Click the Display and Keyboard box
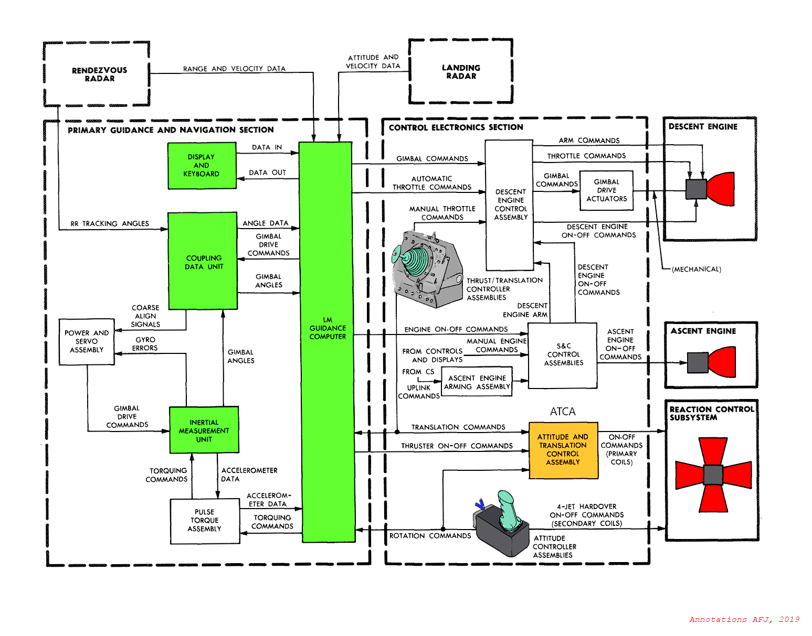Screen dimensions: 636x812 click(202, 166)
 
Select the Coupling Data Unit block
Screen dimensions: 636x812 click(203, 261)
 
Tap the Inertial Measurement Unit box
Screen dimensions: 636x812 click(204, 430)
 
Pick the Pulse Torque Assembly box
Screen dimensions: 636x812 click(205, 521)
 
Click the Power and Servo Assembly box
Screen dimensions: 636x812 click(87, 341)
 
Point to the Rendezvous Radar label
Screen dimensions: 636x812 click(100, 74)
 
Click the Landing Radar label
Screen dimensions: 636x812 click(461, 72)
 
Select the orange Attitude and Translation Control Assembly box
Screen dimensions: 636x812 click(563, 450)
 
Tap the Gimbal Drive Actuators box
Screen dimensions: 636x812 click(606, 190)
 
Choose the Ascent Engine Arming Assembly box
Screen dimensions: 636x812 click(477, 382)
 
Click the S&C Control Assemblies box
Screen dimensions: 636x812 click(563, 355)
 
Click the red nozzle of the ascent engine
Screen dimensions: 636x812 click(723, 362)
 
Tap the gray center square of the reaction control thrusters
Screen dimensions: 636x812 click(713, 475)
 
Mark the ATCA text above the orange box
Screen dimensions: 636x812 click(563, 412)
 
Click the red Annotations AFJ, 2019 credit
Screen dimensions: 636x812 click(744, 619)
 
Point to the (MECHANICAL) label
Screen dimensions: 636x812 click(696, 269)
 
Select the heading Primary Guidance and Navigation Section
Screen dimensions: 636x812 click(171, 130)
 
